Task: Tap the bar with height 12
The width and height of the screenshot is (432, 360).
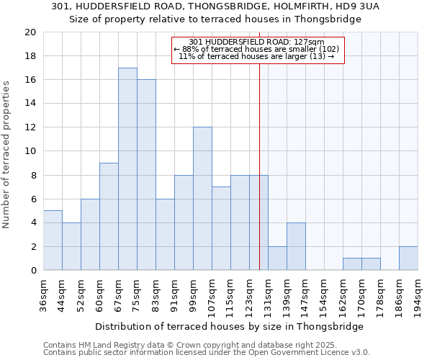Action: [x=202, y=199]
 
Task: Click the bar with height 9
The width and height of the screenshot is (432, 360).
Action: [x=109, y=217]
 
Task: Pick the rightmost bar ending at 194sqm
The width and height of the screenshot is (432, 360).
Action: [x=408, y=258]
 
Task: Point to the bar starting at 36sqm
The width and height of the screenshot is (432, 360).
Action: [x=53, y=240]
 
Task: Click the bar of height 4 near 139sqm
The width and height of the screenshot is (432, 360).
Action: [x=296, y=246]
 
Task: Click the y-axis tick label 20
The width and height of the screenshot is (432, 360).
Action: [x=30, y=32]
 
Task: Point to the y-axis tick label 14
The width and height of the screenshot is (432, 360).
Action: [x=30, y=104]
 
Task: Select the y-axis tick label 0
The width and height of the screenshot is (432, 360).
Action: [x=33, y=271]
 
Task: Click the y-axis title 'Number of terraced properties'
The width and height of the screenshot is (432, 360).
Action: [x=6, y=154]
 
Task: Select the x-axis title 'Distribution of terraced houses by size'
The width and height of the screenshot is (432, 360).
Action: [x=229, y=326]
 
